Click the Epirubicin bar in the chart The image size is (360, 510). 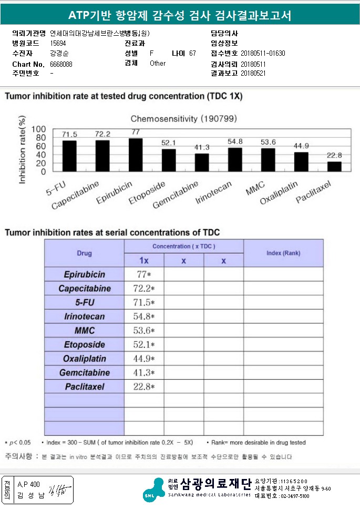[136, 155]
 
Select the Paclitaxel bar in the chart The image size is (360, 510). [334, 167]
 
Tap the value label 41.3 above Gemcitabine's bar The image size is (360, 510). [202, 147]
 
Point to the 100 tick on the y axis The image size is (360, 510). [39, 129]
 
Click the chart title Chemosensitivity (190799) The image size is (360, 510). [184, 119]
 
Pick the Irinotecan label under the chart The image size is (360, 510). [213, 192]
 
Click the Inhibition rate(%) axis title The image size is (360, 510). [22, 150]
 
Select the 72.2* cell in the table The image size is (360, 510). [144, 289]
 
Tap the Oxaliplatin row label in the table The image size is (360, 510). [85, 359]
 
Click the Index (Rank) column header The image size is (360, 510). [283, 253]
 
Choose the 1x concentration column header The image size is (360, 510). [144, 261]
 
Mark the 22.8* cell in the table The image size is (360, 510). [144, 386]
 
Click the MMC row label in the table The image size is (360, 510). [85, 331]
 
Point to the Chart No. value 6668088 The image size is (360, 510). [61, 64]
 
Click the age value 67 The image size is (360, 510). [192, 53]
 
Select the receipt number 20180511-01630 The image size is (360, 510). [263, 53]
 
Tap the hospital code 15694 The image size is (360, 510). [58, 43]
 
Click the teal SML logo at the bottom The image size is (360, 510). [154, 490]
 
